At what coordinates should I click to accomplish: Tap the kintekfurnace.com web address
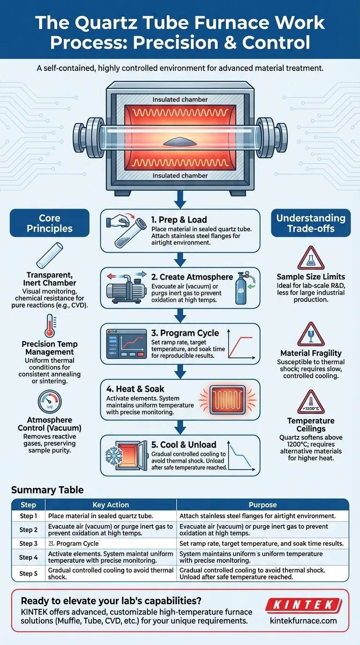303,621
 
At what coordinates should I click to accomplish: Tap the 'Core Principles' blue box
50,224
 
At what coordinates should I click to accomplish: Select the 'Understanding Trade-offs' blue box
310,224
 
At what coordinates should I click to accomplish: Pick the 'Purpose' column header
262,505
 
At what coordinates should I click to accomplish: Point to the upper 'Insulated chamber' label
180,100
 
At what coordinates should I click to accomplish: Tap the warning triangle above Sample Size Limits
310,257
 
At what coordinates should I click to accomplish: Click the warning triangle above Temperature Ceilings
310,401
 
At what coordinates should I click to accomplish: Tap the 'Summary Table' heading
47,490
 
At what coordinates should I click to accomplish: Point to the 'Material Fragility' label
310,353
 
